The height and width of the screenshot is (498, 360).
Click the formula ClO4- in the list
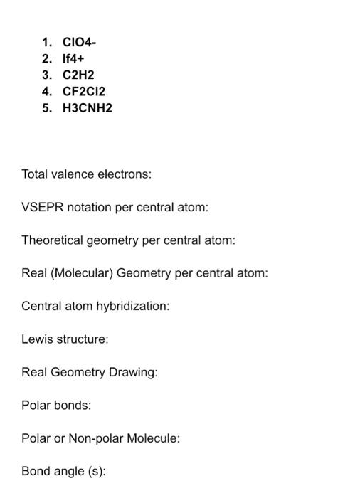pyautogui.click(x=79, y=42)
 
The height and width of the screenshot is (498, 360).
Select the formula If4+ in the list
pyautogui.click(x=74, y=58)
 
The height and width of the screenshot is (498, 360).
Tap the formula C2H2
pyautogui.click(x=78, y=75)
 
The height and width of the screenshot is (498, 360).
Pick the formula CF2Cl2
pyautogui.click(x=84, y=91)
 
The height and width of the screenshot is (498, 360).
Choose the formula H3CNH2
pyautogui.click(x=88, y=108)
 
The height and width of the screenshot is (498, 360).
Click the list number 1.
pyautogui.click(x=46, y=42)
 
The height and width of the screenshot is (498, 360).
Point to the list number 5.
pyautogui.click(x=46, y=108)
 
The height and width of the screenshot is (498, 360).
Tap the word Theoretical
pyautogui.click(x=52, y=240)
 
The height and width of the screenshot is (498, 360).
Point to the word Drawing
pyautogui.click(x=134, y=373)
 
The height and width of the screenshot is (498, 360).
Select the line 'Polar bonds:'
pyautogui.click(x=56, y=406)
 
